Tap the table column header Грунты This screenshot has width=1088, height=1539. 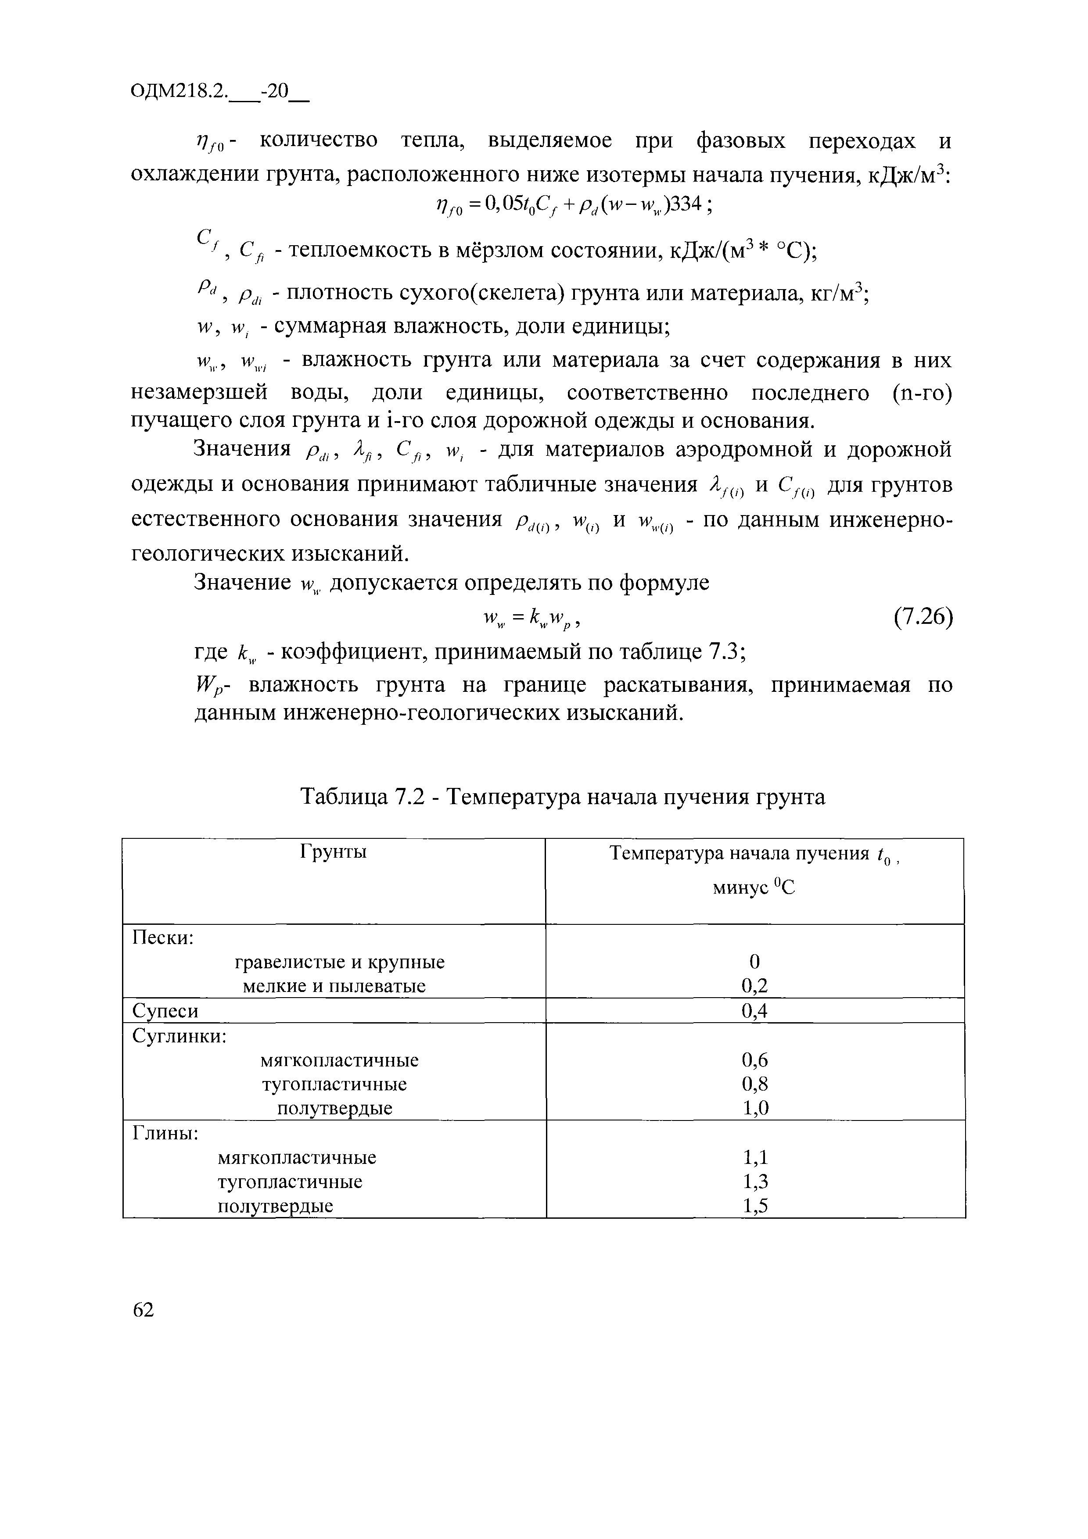(x=333, y=852)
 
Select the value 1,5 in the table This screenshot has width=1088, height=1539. (x=754, y=1206)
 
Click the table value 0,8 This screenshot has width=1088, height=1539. (x=754, y=1084)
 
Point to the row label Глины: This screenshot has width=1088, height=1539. (x=165, y=1133)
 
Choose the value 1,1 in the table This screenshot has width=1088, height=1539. (x=754, y=1158)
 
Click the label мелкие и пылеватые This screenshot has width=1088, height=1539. (x=334, y=986)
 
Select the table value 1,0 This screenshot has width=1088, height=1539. (x=754, y=1108)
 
